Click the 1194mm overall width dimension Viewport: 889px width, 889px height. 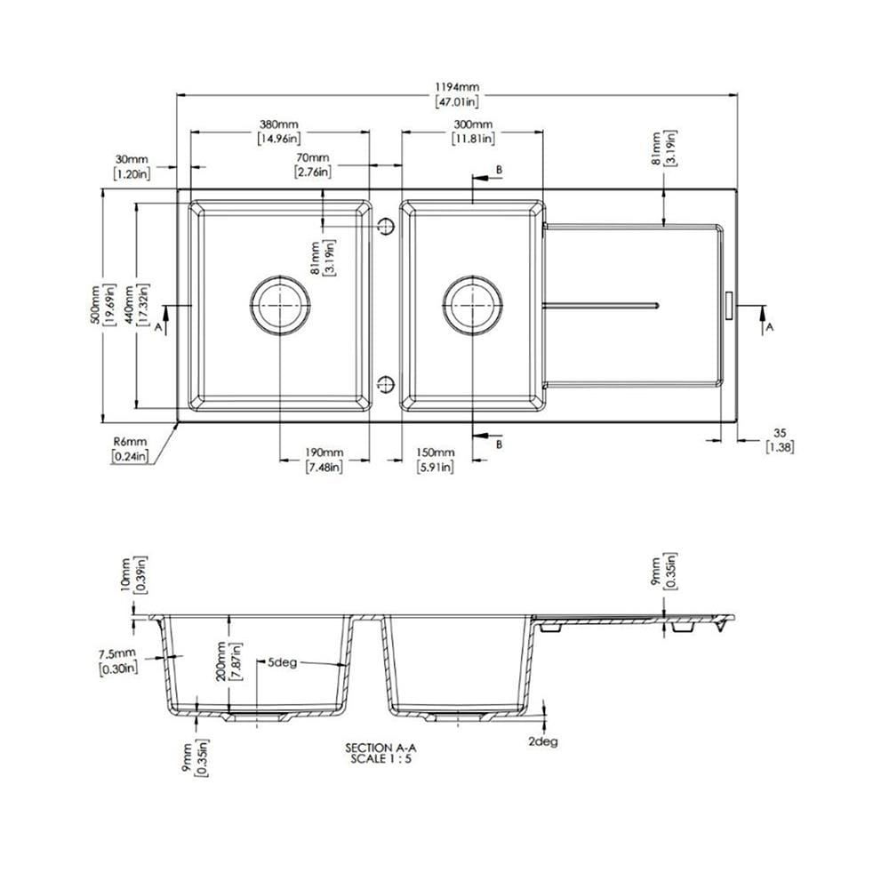click(457, 95)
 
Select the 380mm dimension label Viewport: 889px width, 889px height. click(279, 131)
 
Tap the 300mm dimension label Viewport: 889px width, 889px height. click(473, 131)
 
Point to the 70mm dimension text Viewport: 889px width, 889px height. click(312, 165)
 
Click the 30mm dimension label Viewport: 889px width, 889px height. click(132, 167)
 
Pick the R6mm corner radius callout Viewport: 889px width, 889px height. click(130, 449)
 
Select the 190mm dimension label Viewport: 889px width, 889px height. click(324, 460)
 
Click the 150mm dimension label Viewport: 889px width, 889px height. click(436, 460)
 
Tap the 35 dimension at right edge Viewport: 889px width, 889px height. click(781, 440)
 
